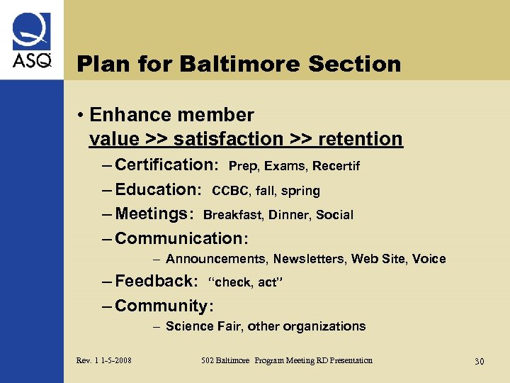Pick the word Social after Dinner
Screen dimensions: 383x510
[334, 215]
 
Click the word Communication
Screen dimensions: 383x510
[181, 238]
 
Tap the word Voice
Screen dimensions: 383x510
[429, 259]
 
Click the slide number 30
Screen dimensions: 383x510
[479, 362]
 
